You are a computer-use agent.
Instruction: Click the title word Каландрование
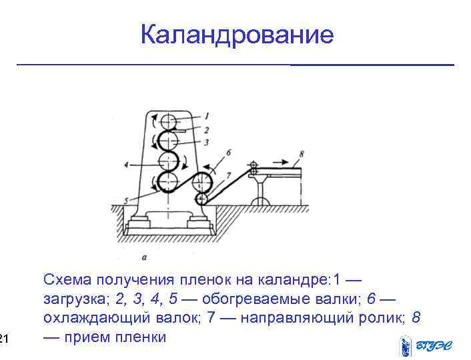click(x=237, y=35)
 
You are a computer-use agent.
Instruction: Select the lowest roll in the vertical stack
click(x=167, y=182)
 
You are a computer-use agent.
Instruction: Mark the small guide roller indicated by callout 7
click(x=201, y=199)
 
